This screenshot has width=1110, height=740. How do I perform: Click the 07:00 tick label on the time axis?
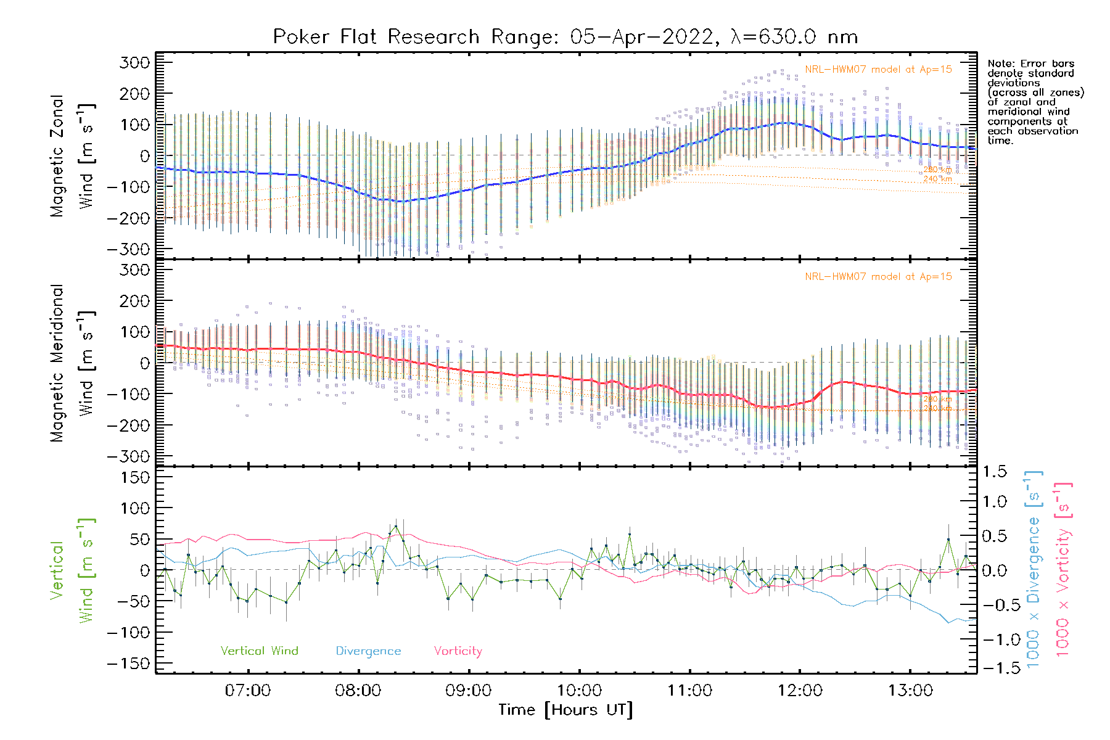click(x=247, y=690)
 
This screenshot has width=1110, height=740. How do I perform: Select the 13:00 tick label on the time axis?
click(x=910, y=690)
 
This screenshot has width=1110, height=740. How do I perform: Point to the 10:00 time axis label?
click(x=579, y=690)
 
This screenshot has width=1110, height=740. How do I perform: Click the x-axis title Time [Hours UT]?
click(x=565, y=710)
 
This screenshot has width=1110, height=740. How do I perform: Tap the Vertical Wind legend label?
click(x=259, y=651)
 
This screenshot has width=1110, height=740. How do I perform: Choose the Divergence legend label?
click(x=368, y=651)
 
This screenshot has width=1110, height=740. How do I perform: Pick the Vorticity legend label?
click(x=458, y=651)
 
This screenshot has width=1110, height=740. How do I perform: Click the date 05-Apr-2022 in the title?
click(x=641, y=37)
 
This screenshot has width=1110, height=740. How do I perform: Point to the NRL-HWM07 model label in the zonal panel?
click(x=878, y=69)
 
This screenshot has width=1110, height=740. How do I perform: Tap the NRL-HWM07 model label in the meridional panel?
click(x=878, y=276)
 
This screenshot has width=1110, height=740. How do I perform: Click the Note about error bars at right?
click(x=1035, y=102)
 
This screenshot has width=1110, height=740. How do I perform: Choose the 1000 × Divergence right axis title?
click(x=1033, y=569)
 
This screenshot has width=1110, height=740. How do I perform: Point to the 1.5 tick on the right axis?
click(x=994, y=472)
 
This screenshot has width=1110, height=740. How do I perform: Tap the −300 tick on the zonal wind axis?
click(x=129, y=249)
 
